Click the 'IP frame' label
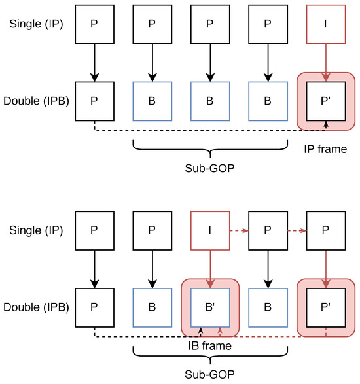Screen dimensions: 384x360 tap(325, 150)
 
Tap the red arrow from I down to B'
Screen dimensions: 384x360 tap(210, 265)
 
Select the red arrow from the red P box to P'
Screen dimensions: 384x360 tap(326, 265)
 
